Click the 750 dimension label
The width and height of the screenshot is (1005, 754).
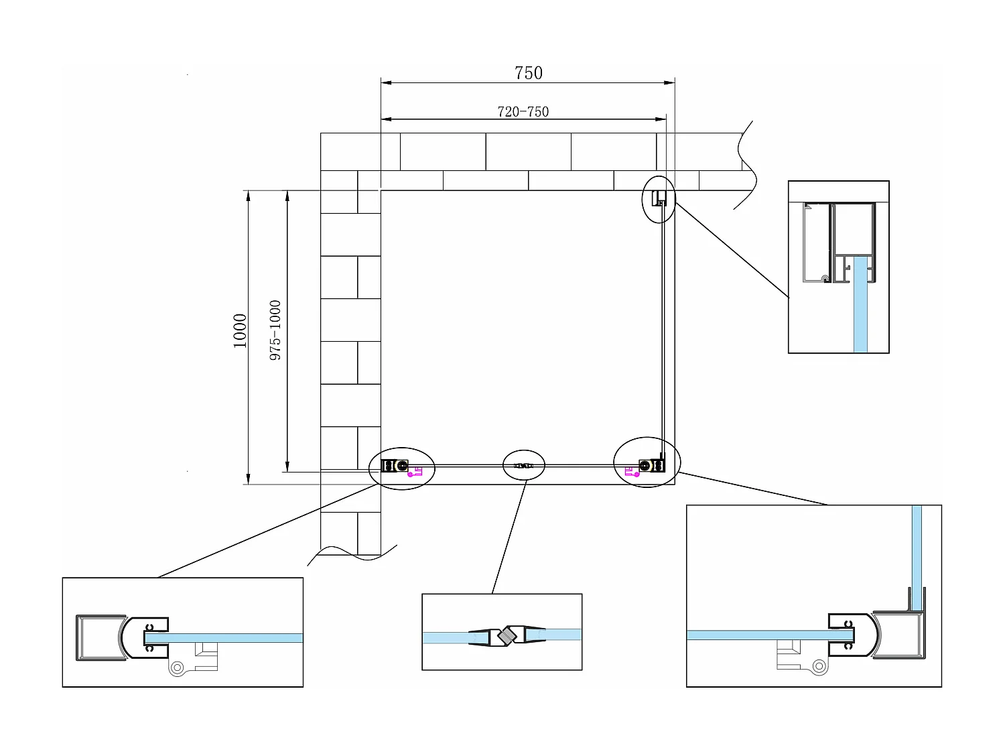[x=528, y=72]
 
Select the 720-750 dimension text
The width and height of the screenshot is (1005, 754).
[x=523, y=112]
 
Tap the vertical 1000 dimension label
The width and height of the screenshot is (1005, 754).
[x=240, y=330]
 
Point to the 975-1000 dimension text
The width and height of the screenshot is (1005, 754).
[x=275, y=330]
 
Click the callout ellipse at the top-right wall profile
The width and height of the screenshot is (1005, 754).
[x=659, y=199]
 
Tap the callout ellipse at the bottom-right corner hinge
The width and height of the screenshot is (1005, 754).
[x=647, y=462]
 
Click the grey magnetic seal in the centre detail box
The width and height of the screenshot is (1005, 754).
[x=508, y=634]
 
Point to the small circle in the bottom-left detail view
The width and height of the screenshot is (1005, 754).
[x=178, y=668]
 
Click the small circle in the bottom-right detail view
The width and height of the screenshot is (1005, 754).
[x=818, y=666]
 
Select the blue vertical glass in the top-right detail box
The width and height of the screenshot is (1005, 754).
[x=860, y=315]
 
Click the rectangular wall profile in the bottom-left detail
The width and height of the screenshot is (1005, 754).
[x=99, y=637]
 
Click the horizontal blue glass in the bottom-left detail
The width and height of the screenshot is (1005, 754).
[x=234, y=637]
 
